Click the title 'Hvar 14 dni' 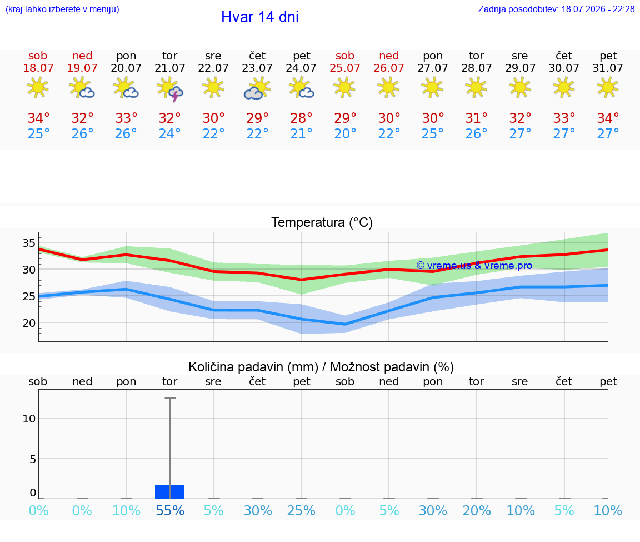point(259,17)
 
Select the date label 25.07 point(345,68)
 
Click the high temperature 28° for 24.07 point(301,118)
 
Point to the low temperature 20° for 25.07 point(345,134)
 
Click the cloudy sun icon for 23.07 point(257,88)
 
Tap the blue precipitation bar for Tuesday point(170,491)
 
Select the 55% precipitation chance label point(170,511)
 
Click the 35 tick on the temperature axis point(29,243)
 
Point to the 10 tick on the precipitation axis point(29,419)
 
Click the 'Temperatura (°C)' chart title point(322,222)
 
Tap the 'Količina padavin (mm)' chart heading point(253,367)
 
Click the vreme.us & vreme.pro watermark point(474,266)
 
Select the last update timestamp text point(556,9)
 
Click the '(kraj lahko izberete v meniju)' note point(62,9)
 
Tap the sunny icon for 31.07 point(608,87)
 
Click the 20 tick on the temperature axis point(29,323)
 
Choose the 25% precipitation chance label point(301,511)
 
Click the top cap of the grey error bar point(170,398)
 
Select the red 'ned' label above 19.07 point(82,56)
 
